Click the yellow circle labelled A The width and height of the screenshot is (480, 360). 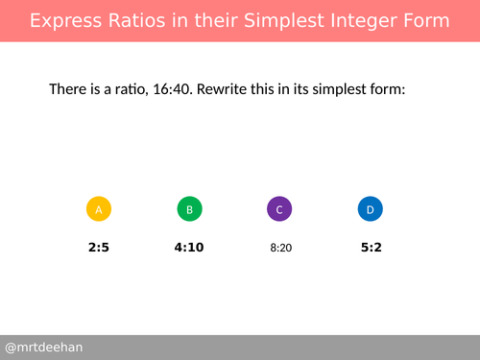pos(99,209)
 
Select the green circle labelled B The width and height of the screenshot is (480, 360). pos(189,209)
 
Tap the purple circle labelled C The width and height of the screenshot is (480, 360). pos(279,209)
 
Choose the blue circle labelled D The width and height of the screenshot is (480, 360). pos(370,209)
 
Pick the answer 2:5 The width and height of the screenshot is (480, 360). pos(99,247)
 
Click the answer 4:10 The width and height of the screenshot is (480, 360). pos(189,247)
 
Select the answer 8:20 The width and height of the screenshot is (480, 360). pos(280,248)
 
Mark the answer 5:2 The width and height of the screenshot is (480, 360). pos(372,247)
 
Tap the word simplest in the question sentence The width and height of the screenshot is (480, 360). pos(339,89)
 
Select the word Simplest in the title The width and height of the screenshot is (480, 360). pos(285,20)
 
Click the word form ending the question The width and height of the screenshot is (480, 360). pos(389,89)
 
